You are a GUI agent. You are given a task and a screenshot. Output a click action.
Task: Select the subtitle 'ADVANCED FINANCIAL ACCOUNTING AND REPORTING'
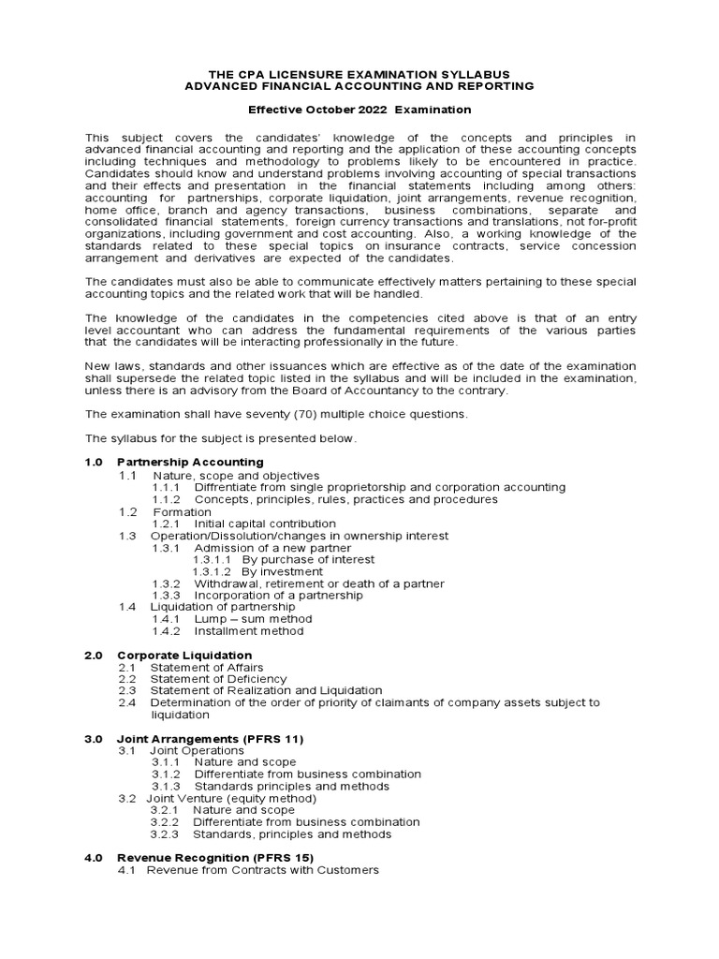click(x=359, y=85)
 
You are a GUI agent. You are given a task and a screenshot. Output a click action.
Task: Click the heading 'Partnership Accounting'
click(x=190, y=463)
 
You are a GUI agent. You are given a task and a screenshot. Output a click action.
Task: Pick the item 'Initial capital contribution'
click(x=265, y=524)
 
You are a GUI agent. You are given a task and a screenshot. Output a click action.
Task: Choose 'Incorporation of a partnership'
click(x=278, y=596)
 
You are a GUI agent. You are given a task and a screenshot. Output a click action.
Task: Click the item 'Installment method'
click(x=249, y=631)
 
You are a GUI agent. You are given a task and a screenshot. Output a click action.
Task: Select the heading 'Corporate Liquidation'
click(x=184, y=655)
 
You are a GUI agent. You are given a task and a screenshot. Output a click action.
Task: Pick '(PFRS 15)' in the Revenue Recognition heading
click(x=279, y=858)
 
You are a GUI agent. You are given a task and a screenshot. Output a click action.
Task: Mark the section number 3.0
click(x=94, y=739)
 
